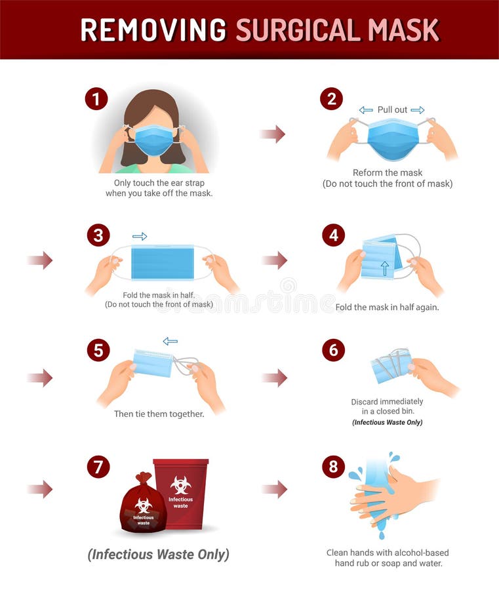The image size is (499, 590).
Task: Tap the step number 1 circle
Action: (96, 99)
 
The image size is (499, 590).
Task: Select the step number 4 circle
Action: (333, 235)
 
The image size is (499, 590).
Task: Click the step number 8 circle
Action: (333, 466)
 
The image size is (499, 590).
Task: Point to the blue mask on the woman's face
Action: (153, 140)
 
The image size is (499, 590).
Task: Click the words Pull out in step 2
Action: (392, 109)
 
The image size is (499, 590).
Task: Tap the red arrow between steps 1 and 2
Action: (272, 134)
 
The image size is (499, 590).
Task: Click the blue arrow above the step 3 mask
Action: (140, 237)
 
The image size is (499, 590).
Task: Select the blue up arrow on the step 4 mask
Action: (384, 267)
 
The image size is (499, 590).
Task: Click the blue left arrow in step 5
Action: (170, 341)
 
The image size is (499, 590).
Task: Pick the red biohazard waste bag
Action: (142, 503)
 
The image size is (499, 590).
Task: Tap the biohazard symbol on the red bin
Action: (181, 484)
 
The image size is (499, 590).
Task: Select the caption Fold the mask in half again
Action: (387, 307)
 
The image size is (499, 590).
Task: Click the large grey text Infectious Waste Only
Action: (158, 554)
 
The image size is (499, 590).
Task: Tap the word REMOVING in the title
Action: (153, 29)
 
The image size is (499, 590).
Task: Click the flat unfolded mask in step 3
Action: (163, 262)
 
